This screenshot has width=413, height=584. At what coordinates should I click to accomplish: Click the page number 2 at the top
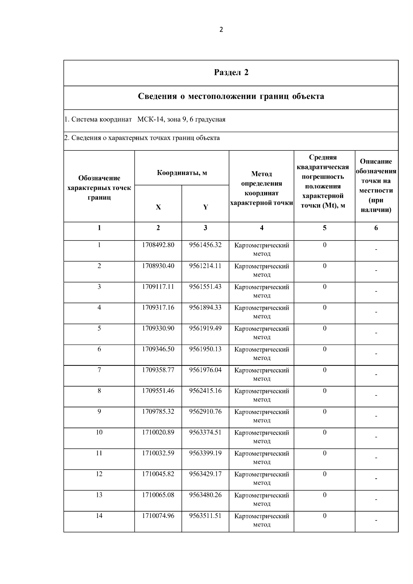tap(221, 30)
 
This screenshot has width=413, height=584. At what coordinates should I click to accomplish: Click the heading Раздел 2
tap(231, 73)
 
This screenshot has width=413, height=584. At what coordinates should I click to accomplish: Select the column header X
tap(158, 207)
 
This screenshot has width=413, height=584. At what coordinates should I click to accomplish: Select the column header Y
tap(205, 207)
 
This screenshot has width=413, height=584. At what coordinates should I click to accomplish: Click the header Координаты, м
tap(182, 173)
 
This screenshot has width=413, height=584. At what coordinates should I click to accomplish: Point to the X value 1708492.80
tap(158, 245)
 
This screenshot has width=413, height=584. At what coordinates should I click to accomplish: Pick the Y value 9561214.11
tap(205, 266)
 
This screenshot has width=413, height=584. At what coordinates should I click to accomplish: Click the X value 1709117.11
tap(158, 287)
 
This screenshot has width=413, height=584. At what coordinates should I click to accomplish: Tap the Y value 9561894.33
tap(205, 308)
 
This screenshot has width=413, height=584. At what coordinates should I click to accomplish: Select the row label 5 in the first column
tap(99, 329)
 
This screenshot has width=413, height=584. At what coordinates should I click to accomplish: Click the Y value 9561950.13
tap(205, 349)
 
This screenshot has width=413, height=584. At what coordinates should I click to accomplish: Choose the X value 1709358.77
tap(158, 370)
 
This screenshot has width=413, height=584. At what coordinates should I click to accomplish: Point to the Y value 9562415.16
tap(205, 391)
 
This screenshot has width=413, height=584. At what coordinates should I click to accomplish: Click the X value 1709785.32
tap(158, 412)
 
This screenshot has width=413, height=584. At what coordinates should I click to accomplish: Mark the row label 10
tap(99, 433)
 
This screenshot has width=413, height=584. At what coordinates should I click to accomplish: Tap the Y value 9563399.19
tap(205, 454)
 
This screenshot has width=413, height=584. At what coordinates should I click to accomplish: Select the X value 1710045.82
tap(158, 474)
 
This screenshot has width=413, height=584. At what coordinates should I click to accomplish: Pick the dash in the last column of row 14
tap(376, 521)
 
